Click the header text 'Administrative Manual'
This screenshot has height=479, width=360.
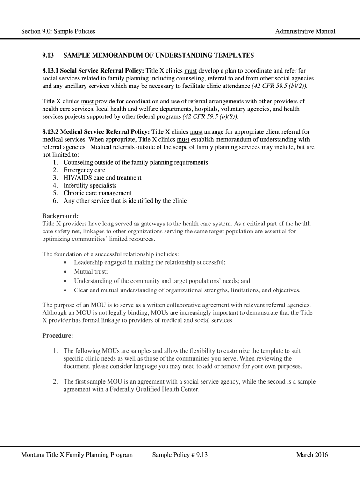305,31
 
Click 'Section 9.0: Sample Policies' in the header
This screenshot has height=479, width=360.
58,31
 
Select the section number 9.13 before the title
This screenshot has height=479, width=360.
48,56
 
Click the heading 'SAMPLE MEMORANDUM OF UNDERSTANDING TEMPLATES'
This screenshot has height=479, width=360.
158,56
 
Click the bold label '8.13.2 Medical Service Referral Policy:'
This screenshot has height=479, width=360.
96,132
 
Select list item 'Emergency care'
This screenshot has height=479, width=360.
84,170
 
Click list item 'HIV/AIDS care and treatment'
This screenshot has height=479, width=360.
102,178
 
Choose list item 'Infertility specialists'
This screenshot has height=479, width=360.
90,185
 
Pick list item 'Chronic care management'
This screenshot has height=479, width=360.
97,193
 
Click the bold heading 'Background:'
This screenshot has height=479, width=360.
60,216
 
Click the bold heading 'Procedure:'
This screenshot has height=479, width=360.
58,335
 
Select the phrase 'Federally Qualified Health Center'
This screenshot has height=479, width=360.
154,389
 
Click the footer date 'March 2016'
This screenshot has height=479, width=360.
312,455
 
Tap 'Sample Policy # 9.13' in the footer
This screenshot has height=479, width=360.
180,455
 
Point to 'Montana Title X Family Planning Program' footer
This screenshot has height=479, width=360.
77,455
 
